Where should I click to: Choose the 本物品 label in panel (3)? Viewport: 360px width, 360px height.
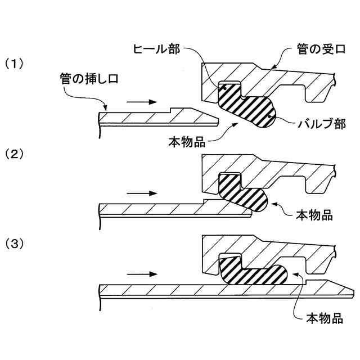(324, 318)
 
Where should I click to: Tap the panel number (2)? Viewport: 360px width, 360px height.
(16, 153)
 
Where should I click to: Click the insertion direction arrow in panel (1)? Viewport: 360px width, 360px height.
(139, 102)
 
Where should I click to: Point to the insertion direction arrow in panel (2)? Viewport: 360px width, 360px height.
(139, 192)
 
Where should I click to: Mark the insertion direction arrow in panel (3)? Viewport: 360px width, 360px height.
(139, 274)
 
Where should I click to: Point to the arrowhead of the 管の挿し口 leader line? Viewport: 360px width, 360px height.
(105, 109)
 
